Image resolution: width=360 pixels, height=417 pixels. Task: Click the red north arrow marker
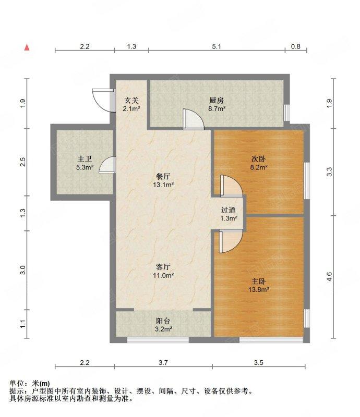(x=27, y=47)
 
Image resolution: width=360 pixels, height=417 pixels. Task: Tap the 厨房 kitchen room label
(x=216, y=101)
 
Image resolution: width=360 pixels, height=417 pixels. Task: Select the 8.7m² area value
(x=217, y=108)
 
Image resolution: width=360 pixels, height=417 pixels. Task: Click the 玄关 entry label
(x=131, y=101)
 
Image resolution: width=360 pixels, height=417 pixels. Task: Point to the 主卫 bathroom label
(x=85, y=159)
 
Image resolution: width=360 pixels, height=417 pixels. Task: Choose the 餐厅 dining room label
(x=163, y=176)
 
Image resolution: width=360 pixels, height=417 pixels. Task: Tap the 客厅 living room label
(x=163, y=267)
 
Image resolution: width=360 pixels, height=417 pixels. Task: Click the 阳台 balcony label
(x=163, y=321)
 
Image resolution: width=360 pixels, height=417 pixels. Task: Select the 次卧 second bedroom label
(x=259, y=159)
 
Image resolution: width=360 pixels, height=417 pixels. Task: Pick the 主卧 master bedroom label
(x=259, y=281)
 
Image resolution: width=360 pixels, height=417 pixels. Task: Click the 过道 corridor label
(x=229, y=210)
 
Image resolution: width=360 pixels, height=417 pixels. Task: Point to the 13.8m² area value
(x=259, y=289)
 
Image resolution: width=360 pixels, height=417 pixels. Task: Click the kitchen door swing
(x=194, y=119)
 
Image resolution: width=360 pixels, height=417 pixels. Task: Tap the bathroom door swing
(x=107, y=165)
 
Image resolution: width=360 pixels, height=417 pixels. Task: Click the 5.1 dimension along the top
(x=217, y=46)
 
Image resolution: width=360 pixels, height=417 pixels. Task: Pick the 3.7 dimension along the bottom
(x=163, y=362)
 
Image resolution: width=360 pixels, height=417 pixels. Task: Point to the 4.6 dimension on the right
(x=329, y=277)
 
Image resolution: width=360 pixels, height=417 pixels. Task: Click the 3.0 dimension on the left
(x=23, y=270)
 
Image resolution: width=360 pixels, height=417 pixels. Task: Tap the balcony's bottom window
(x=158, y=340)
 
